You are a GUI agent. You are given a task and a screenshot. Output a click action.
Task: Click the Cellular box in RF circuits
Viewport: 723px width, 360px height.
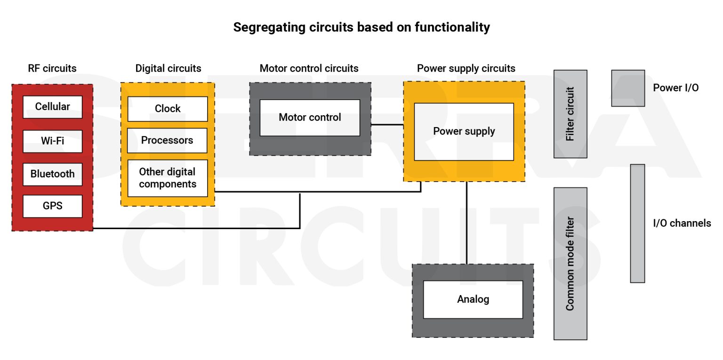tap(52, 107)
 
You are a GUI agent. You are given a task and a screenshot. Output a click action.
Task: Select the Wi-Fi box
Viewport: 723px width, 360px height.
tap(52, 141)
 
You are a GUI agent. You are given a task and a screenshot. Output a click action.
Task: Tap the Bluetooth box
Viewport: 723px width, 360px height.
tap(52, 174)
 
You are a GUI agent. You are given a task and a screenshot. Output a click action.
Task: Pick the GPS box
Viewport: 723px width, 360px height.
tap(52, 206)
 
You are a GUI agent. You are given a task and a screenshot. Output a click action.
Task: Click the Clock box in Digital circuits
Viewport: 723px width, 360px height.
tap(167, 109)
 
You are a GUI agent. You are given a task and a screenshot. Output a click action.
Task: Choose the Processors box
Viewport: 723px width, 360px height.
tap(167, 140)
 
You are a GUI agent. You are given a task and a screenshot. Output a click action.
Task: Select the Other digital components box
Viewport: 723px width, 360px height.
tap(167, 178)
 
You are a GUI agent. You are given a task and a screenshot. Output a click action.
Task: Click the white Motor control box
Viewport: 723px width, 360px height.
tap(310, 118)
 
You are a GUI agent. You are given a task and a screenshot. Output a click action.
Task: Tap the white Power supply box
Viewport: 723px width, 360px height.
tap(464, 131)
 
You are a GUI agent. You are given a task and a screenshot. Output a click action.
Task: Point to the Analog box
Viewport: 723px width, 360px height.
tap(473, 299)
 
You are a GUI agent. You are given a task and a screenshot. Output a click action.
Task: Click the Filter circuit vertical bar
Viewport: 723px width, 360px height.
tap(570, 114)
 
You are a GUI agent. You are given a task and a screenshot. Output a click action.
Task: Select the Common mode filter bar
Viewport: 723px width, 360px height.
tap(570, 264)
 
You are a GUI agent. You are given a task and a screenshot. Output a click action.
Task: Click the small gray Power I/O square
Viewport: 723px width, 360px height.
tap(627, 88)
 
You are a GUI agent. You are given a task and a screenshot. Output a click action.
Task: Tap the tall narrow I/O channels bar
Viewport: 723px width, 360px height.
tap(637, 223)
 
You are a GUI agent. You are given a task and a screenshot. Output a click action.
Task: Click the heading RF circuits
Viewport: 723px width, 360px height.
tap(52, 69)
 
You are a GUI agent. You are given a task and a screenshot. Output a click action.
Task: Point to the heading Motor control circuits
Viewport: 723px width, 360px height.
tap(309, 69)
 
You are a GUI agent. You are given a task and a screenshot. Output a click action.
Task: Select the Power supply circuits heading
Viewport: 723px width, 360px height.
tap(466, 69)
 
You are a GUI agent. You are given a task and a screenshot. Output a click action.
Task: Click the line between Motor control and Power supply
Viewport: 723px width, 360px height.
tap(387, 125)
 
